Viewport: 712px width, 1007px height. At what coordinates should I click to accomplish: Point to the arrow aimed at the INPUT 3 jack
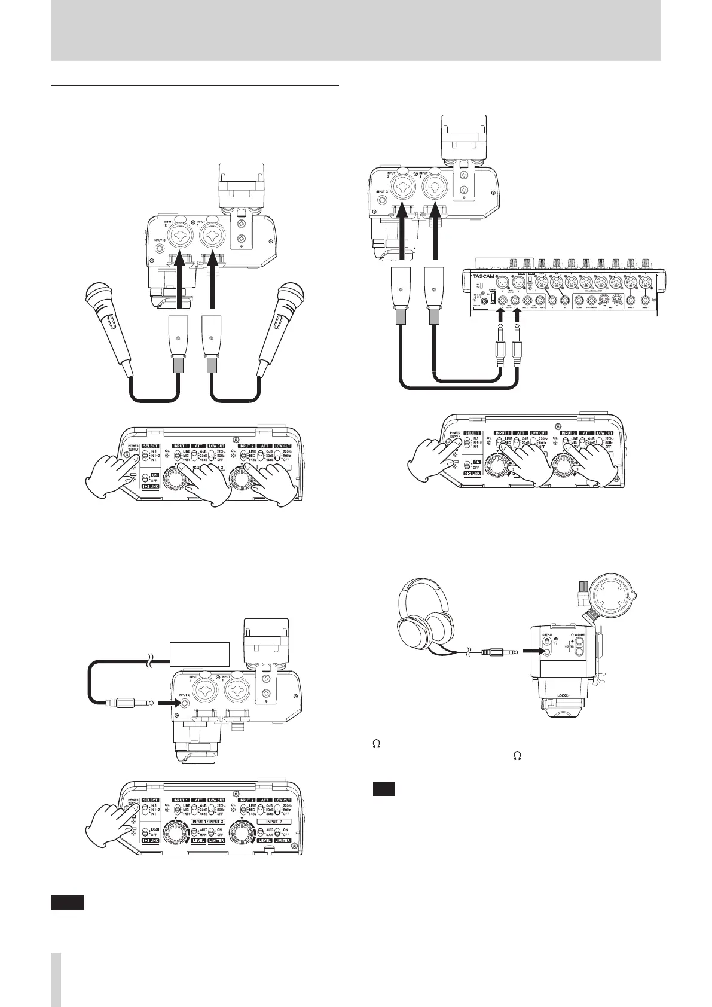click(165, 704)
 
